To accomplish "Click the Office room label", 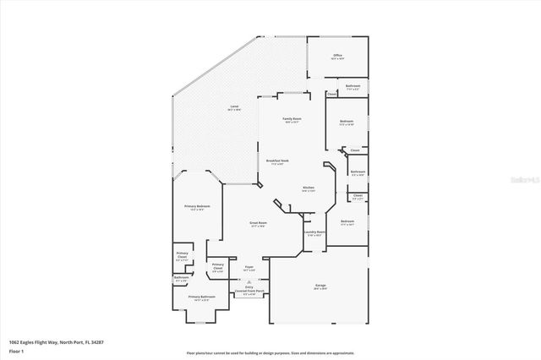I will click(337, 57).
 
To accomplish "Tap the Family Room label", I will click(292, 121).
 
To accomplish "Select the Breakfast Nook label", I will click(278, 162).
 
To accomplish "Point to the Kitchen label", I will click(309, 188).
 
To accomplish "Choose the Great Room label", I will click(258, 224).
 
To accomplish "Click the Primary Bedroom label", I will click(198, 207).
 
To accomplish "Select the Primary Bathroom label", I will click(201, 298).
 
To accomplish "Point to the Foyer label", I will click(249, 268).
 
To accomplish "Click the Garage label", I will click(320, 287).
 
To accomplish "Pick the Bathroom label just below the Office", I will click(353, 86).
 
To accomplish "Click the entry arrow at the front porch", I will click(249, 281).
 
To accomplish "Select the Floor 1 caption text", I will click(17, 350).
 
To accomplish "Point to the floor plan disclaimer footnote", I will click(270, 352).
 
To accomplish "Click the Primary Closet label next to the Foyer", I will click(217, 269).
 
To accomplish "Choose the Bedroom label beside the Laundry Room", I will click(347, 224).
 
